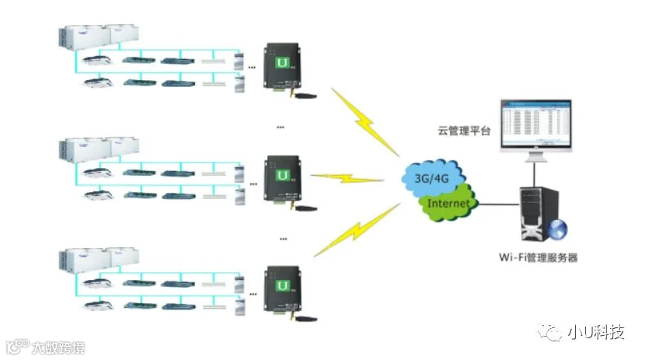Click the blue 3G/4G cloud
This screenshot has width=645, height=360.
tap(434, 177)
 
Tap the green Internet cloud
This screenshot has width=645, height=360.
tap(448, 203)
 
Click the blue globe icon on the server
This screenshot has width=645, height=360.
tap(557, 229)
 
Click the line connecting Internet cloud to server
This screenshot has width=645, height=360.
tap(497, 204)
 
